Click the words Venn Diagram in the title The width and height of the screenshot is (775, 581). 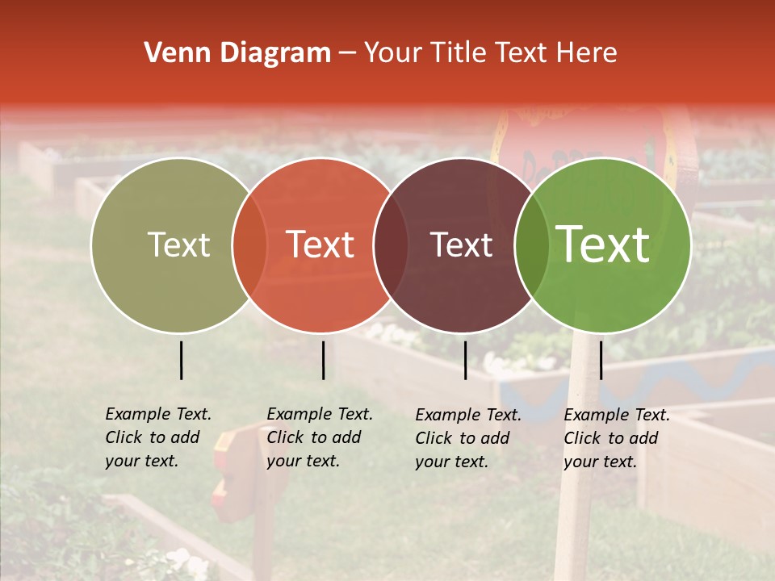[237, 53]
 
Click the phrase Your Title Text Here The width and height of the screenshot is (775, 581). [490, 53]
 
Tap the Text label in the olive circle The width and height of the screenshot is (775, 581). [178, 245]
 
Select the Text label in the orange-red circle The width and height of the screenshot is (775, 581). [320, 245]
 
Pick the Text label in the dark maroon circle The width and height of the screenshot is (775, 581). [461, 245]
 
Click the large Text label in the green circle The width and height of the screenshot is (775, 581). [603, 245]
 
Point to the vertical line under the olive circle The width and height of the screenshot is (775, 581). [182, 360]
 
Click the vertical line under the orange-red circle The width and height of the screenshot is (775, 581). [323, 360]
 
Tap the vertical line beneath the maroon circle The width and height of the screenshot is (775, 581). [466, 360]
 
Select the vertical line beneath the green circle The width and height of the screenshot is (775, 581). [601, 360]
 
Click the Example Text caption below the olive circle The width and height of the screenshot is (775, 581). [157, 437]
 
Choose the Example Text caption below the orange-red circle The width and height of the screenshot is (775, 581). [319, 437]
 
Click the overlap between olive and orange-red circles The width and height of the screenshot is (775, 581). [249, 245]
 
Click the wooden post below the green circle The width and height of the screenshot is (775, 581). [575, 516]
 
